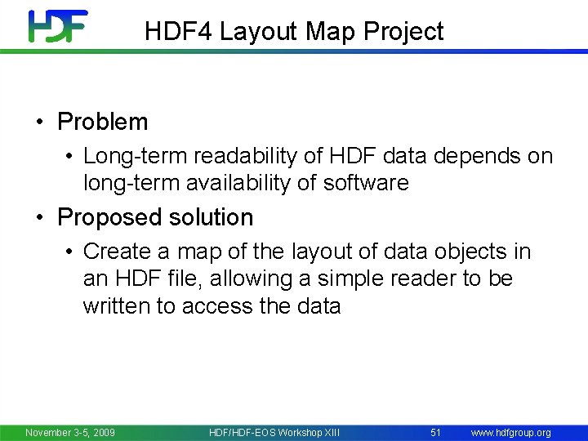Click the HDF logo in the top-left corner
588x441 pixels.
coord(57,26)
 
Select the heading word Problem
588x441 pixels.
coord(102,122)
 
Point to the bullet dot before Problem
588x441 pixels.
coord(39,122)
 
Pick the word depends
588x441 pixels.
coord(476,156)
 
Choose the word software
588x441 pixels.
coord(364,183)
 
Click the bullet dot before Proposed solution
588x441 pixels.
coord(39,218)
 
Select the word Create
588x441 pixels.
coord(118,251)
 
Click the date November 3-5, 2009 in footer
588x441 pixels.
coord(70,432)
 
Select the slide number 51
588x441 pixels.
coord(435,432)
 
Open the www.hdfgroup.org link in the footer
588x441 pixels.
coord(510,432)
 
